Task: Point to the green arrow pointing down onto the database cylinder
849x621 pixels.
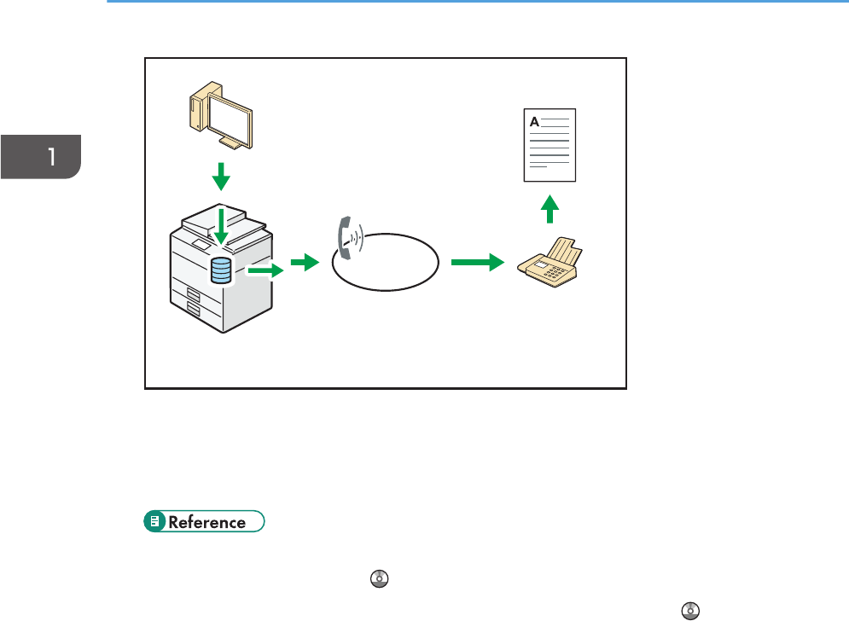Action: (221, 227)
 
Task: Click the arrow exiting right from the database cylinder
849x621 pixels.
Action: (265, 271)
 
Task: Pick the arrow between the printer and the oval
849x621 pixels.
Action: (304, 264)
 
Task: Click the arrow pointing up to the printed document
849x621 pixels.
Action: (551, 210)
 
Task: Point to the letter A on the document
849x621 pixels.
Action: (535, 122)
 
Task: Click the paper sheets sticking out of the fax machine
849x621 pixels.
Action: (563, 250)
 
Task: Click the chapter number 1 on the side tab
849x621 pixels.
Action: (52, 156)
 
